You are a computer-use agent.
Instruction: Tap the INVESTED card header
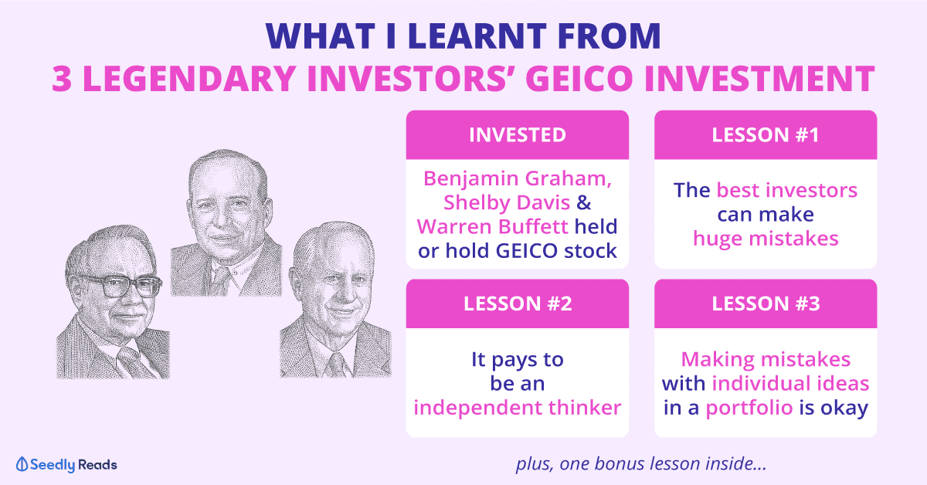click(x=518, y=135)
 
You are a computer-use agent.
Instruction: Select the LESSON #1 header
click(x=766, y=135)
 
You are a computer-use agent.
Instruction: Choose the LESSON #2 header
click(x=518, y=304)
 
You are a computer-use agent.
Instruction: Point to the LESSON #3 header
click(x=766, y=304)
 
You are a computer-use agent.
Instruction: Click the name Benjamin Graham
click(x=518, y=179)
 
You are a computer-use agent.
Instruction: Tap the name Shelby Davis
click(x=507, y=203)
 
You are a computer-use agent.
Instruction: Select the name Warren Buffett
click(x=493, y=227)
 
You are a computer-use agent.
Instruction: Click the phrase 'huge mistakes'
click(x=766, y=239)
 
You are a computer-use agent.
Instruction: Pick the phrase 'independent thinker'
click(x=518, y=408)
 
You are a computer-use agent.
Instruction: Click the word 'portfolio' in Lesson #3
click(x=749, y=409)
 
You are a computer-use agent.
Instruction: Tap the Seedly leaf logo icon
click(x=22, y=464)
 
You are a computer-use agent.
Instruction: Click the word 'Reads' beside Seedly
click(x=97, y=465)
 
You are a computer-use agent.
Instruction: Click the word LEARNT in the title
click(x=477, y=36)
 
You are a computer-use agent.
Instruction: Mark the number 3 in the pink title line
click(x=62, y=79)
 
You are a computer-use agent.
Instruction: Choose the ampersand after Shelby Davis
click(x=584, y=203)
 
